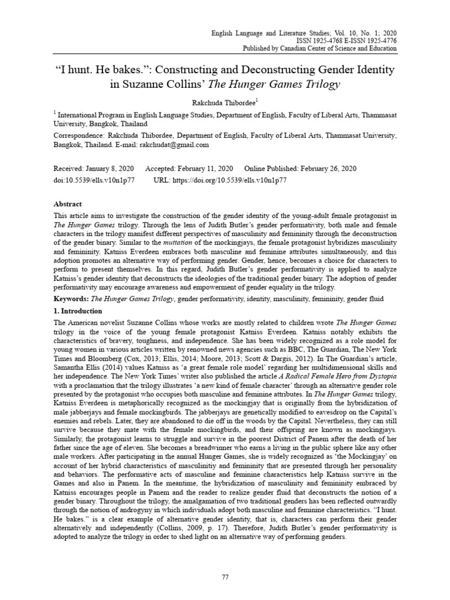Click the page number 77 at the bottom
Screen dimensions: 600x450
pos(225,577)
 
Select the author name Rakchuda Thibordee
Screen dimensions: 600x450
pos(224,102)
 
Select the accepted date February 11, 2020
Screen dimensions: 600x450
pos(206,168)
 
